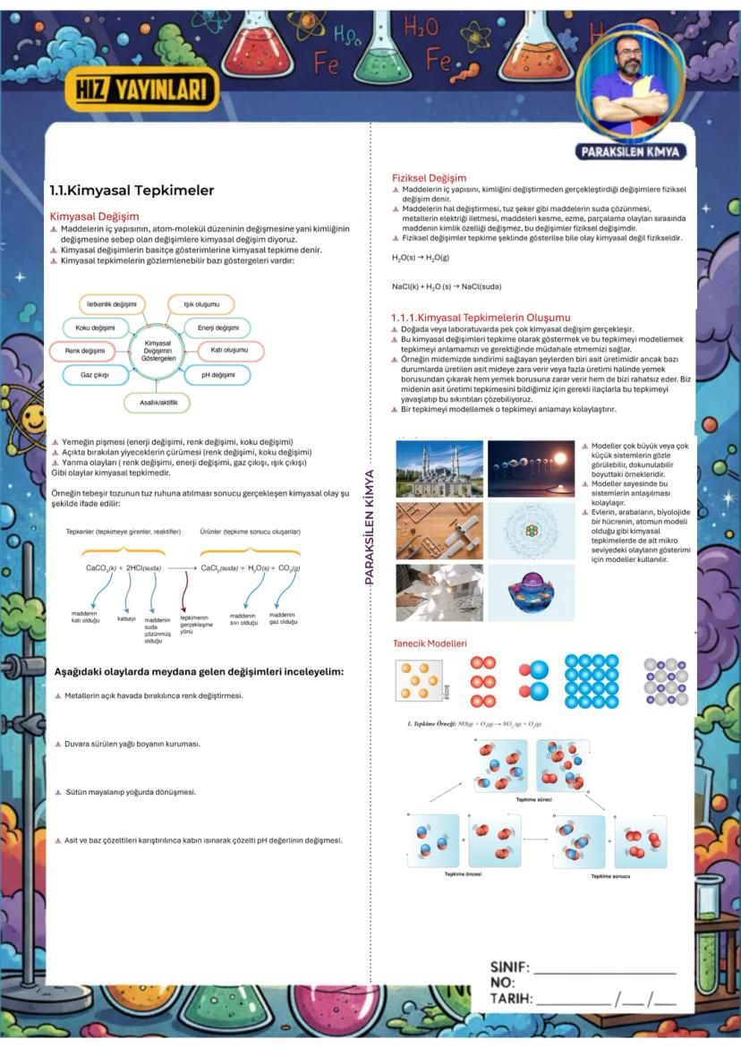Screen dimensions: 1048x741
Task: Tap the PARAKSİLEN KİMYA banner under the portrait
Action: tap(631, 151)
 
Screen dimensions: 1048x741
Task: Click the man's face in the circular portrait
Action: tap(630, 64)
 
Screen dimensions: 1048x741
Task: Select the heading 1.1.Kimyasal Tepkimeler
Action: tap(132, 190)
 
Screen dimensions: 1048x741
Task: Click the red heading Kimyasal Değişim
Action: tap(94, 216)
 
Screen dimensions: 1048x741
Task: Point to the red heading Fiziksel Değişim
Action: tap(429, 177)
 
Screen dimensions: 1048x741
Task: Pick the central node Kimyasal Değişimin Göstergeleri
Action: tap(158, 350)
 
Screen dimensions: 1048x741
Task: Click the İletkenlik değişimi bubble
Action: tap(112, 304)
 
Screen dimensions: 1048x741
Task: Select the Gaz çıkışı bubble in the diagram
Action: tap(94, 374)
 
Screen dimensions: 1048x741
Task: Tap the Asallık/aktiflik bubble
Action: tap(158, 403)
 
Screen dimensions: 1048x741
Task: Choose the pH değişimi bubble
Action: tap(217, 374)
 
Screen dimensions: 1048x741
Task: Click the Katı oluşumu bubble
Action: tap(229, 350)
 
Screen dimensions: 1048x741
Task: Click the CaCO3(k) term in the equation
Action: tap(101, 567)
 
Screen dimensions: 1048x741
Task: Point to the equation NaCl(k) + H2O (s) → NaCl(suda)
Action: tap(446, 286)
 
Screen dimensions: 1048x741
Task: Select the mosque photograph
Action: tap(439, 469)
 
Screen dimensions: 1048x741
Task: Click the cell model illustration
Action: tap(532, 592)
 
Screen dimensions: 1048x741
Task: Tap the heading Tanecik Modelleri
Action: tap(430, 643)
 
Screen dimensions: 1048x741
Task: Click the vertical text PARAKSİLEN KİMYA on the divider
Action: tap(368, 527)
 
